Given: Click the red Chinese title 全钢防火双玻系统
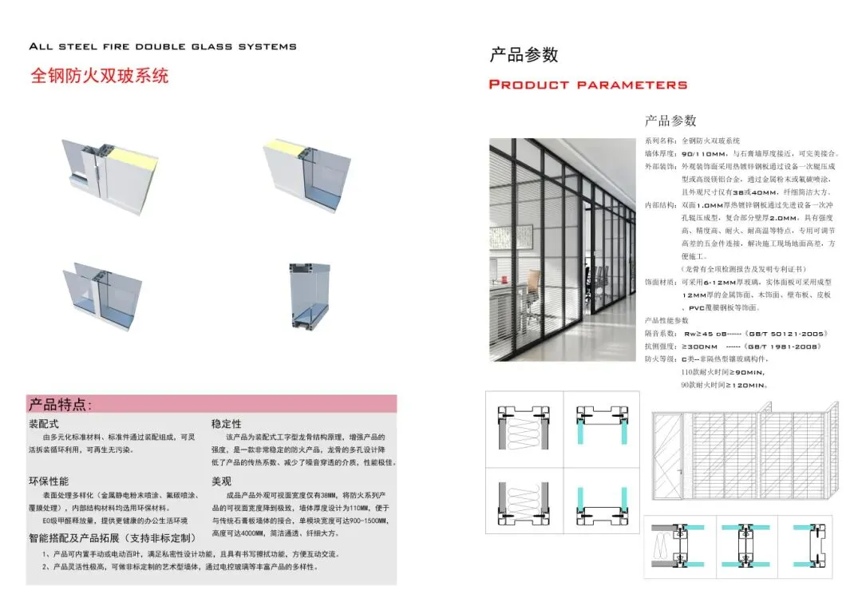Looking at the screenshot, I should (99, 77).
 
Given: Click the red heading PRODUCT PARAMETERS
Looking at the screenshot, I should (587, 85).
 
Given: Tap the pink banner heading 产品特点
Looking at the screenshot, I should (61, 404).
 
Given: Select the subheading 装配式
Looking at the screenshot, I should (44, 424).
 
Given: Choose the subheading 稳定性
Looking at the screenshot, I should (226, 424).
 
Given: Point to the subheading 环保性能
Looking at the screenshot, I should (49, 481).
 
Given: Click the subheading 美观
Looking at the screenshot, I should (221, 481).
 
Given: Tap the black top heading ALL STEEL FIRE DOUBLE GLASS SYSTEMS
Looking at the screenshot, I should (162, 46).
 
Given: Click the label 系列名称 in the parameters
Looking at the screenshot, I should (659, 141).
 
